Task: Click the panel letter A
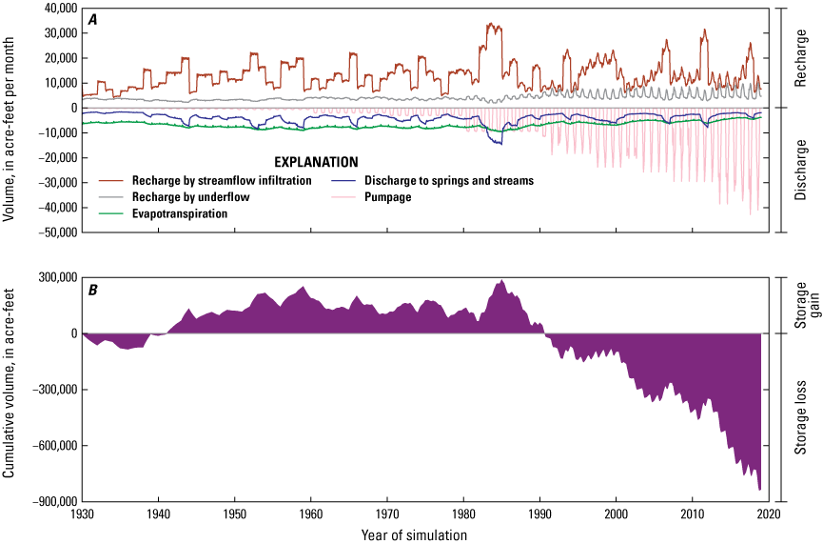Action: (x=92, y=18)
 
